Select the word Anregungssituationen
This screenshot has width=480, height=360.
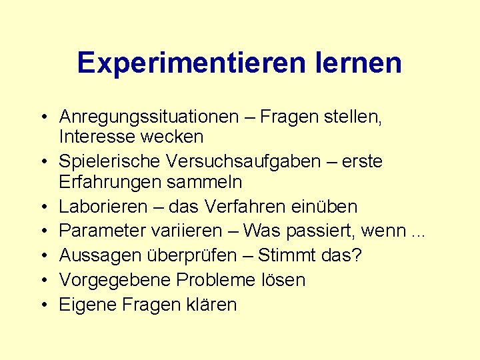[149, 117]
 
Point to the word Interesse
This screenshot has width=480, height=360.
[95, 137]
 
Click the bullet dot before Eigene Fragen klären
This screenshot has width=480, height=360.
[43, 305]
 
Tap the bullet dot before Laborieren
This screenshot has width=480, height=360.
[43, 207]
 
